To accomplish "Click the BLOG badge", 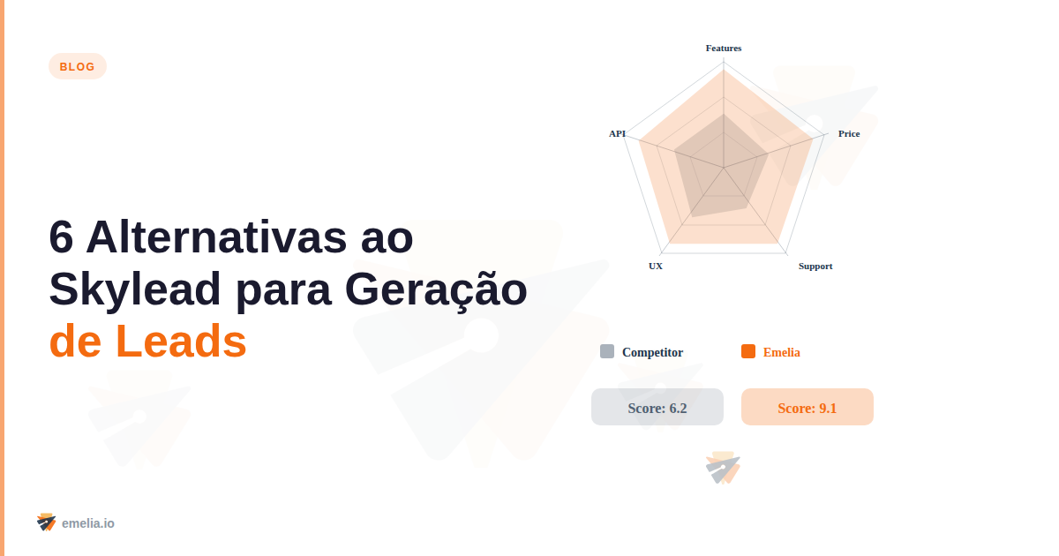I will [78, 66].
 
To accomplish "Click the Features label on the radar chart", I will [724, 48].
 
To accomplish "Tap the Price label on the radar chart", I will [849, 133].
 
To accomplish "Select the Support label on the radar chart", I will [815, 266].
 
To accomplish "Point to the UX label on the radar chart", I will [656, 266].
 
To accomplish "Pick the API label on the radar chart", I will [617, 133].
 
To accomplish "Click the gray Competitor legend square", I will [607, 351].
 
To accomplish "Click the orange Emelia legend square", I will [748, 351].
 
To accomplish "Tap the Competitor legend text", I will [652, 352].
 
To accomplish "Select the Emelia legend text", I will [782, 352].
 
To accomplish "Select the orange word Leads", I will [181, 342].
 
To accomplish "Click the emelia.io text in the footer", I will [88, 523].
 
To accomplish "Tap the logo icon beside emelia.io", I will [47, 522].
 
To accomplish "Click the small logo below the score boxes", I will [724, 469].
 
